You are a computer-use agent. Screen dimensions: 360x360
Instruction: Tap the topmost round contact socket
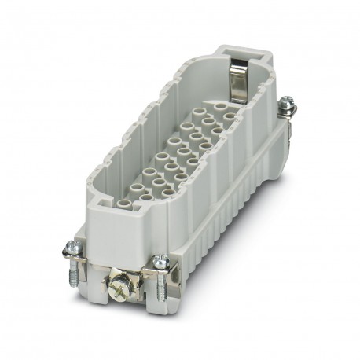[x=228, y=116]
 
